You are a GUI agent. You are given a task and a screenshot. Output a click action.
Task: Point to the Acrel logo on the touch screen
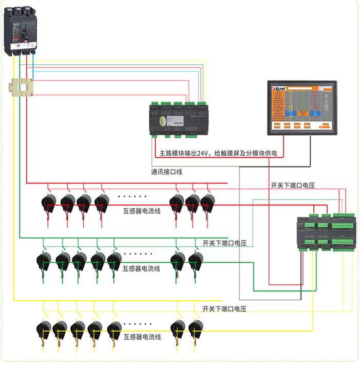[x=280, y=88]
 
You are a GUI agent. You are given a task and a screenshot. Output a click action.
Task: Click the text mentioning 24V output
[x=222, y=153]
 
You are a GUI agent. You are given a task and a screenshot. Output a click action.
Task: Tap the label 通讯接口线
[x=167, y=172]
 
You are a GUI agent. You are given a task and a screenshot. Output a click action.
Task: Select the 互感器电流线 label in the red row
[x=142, y=210]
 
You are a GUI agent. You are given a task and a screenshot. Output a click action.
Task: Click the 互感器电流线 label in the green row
[x=142, y=268]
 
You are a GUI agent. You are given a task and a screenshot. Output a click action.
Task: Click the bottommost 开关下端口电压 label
[x=225, y=309]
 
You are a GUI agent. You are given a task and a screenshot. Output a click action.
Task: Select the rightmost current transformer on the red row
[x=206, y=204]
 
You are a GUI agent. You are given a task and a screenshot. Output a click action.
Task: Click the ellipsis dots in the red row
[x=132, y=196]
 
